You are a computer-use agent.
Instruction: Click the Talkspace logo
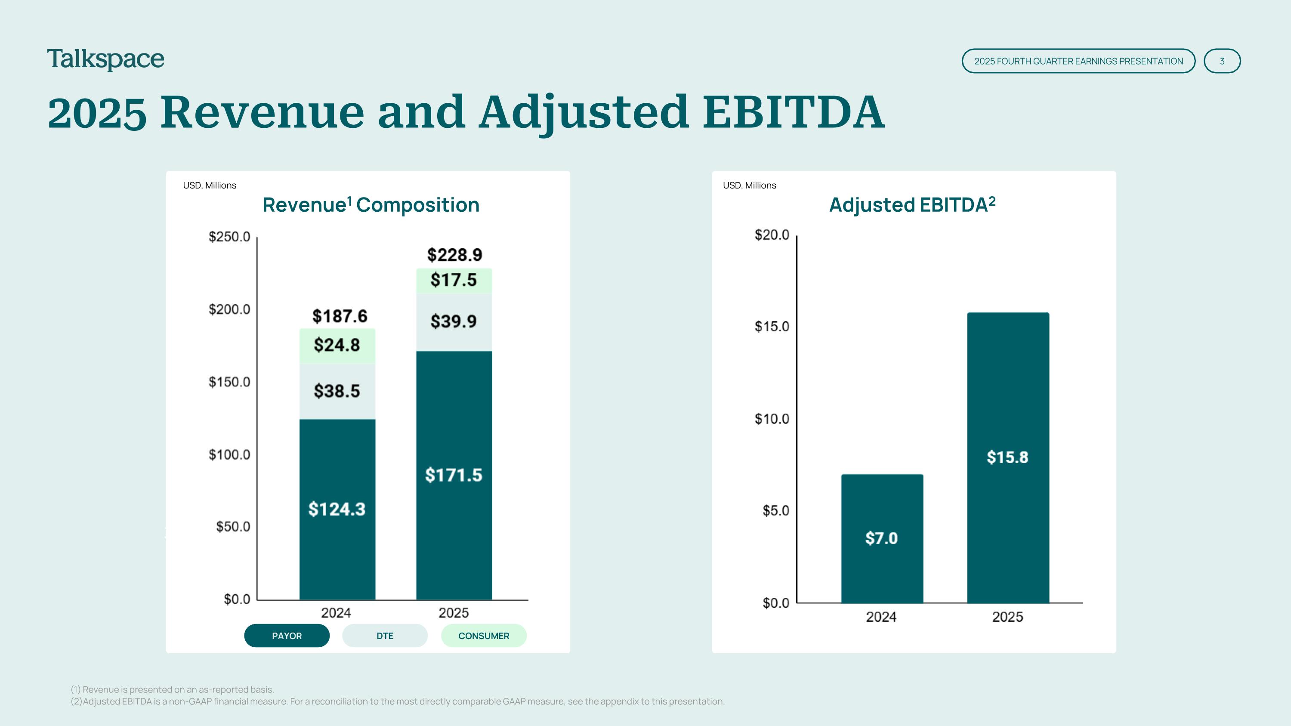coord(106,60)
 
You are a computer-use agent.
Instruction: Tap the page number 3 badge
coord(1222,61)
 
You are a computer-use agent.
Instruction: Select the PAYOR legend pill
coord(287,636)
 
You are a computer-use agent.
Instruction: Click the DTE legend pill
coord(385,636)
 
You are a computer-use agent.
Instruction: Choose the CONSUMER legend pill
coord(484,636)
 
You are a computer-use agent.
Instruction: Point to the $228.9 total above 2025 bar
coord(454,254)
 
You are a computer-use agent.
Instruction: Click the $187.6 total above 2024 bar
coord(340,316)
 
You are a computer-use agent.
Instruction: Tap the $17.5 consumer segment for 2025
coord(454,281)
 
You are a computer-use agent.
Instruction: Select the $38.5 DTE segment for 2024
coord(337,391)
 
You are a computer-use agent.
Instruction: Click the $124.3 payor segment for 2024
coord(337,509)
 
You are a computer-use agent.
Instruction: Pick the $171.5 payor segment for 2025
coord(454,475)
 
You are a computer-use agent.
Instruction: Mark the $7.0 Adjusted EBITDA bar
coord(882,539)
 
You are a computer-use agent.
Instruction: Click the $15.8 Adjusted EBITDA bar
coord(1008,457)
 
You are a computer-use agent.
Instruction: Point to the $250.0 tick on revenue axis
coord(229,237)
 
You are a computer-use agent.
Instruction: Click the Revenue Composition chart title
coord(371,205)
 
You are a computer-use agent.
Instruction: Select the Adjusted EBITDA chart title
coord(912,205)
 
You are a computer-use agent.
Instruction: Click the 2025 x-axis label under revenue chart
coord(454,613)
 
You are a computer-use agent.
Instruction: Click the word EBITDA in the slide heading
coord(794,112)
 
